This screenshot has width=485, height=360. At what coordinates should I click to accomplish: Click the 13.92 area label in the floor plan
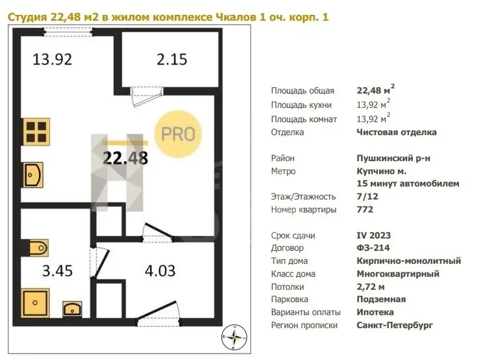point(52,59)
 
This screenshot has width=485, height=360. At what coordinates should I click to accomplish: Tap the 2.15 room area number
point(172,59)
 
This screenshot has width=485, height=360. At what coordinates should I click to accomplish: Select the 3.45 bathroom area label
point(57,271)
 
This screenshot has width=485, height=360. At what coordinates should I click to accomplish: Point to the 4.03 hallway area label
point(160,271)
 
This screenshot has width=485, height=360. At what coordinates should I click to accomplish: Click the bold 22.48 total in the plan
point(125,158)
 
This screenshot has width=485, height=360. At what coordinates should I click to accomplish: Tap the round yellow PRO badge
point(178,134)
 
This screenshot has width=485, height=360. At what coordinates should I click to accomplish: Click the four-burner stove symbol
point(36,131)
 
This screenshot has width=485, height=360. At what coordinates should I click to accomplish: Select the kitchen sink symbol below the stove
point(32,175)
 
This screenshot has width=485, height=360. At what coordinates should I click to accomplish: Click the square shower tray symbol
point(35,303)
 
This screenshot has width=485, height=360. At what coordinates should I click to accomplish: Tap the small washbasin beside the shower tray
point(72,309)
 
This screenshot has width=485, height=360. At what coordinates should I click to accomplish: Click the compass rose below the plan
point(234,337)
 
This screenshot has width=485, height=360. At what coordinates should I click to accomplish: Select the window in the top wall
point(68,32)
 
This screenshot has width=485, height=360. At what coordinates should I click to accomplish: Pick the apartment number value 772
point(365,209)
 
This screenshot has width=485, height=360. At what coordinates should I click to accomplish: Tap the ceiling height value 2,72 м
point(371,287)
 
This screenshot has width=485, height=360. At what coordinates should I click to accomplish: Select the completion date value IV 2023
point(373,235)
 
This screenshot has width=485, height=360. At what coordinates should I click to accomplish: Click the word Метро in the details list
point(283,171)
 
